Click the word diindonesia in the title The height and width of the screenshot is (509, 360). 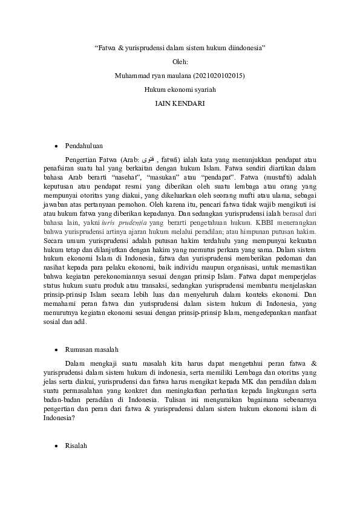pos(248,47)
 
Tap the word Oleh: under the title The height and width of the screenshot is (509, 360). pos(180,61)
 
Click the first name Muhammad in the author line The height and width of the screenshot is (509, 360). pos(129,76)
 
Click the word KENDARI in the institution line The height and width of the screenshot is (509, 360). pos(188,103)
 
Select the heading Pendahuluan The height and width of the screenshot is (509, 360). pos(83,146)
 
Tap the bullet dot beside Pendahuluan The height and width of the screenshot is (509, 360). pos(56,146)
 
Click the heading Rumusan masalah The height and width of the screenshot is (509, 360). pos(91,349)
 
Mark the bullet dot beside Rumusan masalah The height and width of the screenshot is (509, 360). pos(56,350)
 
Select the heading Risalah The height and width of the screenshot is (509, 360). pos(76,446)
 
